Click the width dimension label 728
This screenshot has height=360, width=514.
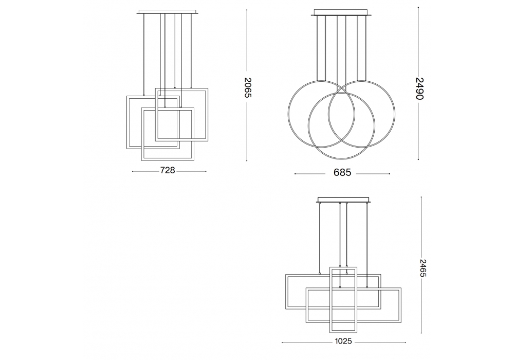[x=168, y=171]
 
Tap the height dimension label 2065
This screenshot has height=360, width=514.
[x=248, y=87]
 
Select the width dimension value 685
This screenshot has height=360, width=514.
[x=342, y=172]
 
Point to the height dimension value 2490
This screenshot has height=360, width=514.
[x=419, y=88]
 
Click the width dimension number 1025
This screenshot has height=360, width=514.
[x=343, y=341]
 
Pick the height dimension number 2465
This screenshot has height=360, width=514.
[x=423, y=268]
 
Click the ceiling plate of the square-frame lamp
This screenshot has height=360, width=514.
[x=168, y=12]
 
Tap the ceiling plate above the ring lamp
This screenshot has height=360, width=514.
[x=342, y=13]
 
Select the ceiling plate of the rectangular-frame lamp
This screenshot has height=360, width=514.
[x=343, y=200]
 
